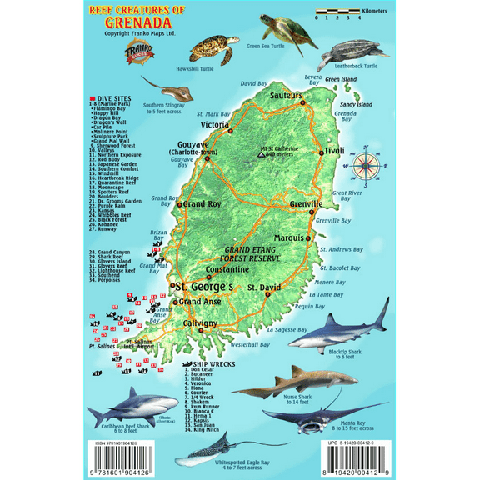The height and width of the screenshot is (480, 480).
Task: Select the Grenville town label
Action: [x=323, y=204]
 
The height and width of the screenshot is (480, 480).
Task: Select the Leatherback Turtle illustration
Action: [x=351, y=52]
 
